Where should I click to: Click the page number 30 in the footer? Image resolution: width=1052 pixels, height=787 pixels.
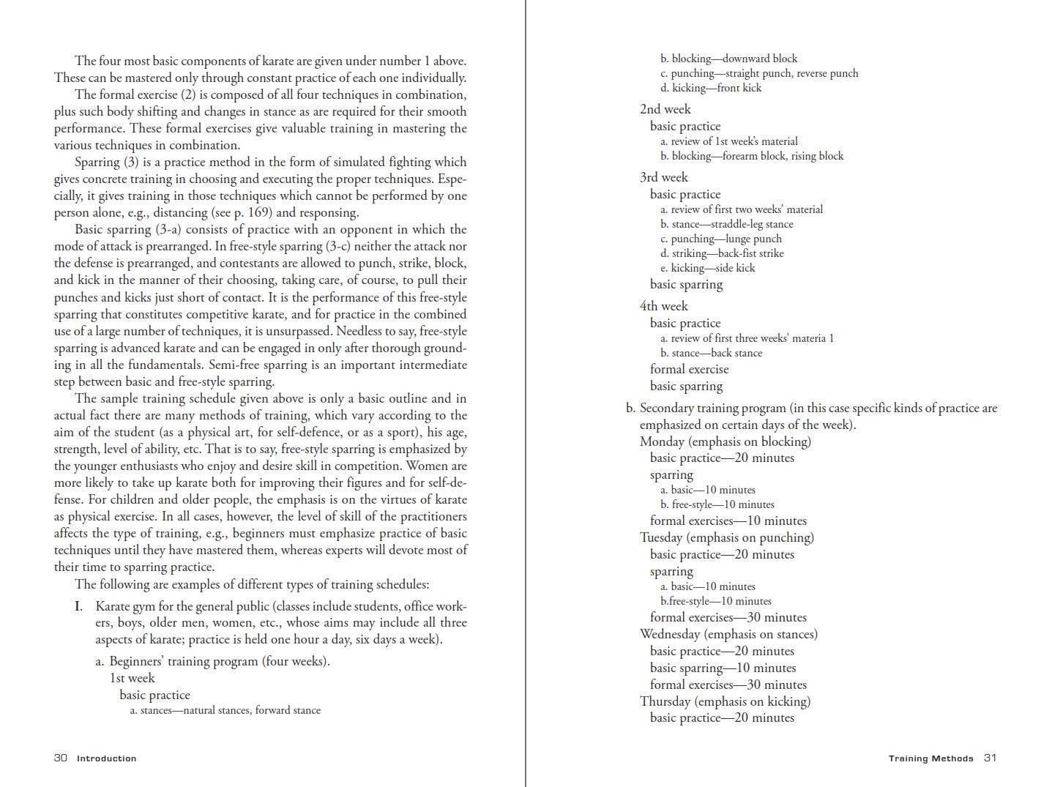60,758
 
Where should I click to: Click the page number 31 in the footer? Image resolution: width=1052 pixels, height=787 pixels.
990,758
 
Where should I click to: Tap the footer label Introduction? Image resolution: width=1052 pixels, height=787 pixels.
106,758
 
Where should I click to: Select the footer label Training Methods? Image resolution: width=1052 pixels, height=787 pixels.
930,758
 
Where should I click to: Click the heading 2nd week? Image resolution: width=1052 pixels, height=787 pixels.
665,109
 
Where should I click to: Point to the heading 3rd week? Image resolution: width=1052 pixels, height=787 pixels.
663,177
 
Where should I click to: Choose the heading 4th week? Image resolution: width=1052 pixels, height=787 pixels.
663,306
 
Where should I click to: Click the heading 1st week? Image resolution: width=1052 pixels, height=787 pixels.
132,678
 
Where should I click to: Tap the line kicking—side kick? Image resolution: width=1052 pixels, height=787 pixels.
707,268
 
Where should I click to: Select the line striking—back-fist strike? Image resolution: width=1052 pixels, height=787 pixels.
722,253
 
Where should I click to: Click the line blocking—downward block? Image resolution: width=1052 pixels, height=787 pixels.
728,59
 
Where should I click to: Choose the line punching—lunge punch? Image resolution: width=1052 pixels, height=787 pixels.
720,239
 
